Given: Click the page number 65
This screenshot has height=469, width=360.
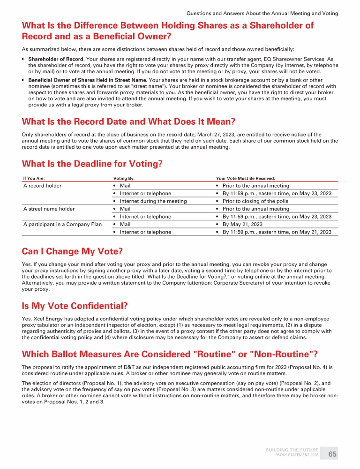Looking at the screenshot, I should [332, 454].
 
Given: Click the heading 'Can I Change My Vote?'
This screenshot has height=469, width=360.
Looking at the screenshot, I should [72, 251].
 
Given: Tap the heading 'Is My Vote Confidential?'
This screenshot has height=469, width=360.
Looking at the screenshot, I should [75, 306].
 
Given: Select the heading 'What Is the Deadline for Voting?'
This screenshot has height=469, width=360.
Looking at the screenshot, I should [92, 164].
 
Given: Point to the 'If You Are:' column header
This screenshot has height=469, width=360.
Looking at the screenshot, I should [34, 178].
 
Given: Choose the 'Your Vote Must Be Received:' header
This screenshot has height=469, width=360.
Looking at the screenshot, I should [245, 178].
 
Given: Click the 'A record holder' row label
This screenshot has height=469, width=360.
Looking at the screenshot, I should [42, 186].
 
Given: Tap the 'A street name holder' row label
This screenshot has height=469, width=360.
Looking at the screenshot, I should [49, 209].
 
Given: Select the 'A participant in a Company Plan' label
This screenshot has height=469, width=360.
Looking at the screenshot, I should [62, 224].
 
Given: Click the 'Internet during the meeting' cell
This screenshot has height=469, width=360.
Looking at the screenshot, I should [153, 201].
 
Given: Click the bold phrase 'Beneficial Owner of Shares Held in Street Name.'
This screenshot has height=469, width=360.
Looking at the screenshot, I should [88, 80].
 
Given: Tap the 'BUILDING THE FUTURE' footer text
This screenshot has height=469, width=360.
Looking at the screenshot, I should [292, 450].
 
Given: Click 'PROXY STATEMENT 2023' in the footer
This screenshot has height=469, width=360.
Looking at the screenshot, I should [297, 455].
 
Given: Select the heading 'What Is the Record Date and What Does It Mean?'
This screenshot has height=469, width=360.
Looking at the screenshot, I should [128, 121].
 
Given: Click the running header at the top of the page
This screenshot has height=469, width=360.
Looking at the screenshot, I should [262, 13].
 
